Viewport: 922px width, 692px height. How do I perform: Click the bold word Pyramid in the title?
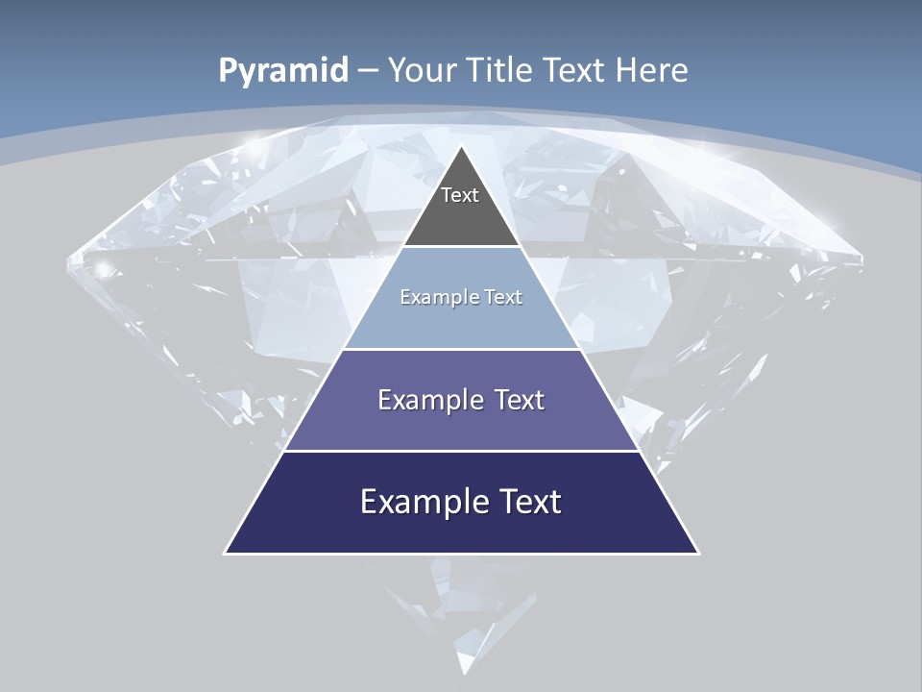[x=283, y=70]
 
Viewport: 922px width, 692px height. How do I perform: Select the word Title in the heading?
[x=499, y=70]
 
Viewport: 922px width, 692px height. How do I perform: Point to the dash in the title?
[x=367, y=71]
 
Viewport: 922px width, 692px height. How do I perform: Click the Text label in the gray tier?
[x=460, y=195]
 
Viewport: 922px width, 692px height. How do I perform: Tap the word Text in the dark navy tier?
[x=525, y=502]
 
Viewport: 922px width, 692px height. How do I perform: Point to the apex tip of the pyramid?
[x=462, y=147]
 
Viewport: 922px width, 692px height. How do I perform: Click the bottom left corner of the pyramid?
[x=226, y=553]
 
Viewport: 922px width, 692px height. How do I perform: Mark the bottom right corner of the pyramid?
[x=698, y=553]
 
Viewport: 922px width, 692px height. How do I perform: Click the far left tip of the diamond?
[x=67, y=258]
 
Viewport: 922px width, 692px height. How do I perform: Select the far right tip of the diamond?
[x=861, y=258]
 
